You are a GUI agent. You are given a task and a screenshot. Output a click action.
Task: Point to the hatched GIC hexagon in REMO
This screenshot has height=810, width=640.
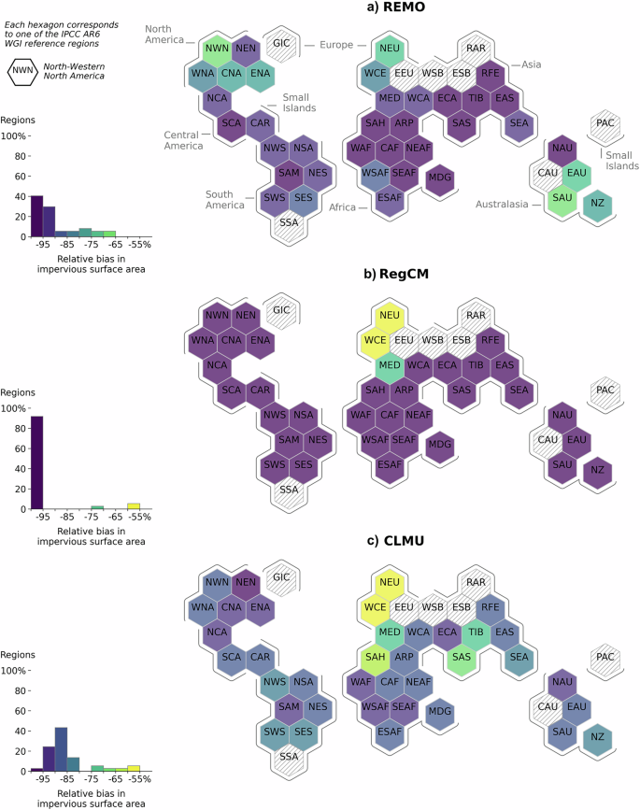point(280,43)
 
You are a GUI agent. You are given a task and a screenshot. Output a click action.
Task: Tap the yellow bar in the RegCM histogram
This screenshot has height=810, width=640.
point(134,505)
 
